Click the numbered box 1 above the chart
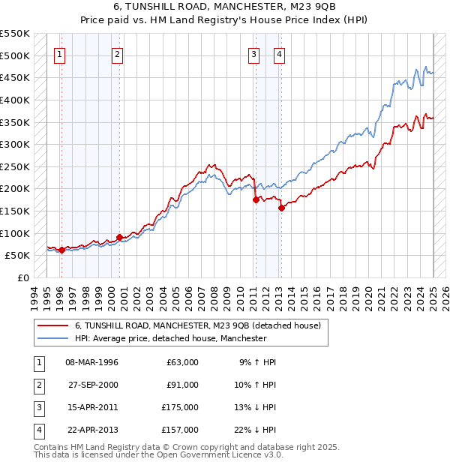coord(59,54)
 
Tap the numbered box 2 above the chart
coord(118,54)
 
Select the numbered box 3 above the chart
coord(254,54)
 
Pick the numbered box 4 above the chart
coord(279,54)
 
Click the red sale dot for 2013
coord(281,208)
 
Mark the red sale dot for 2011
coord(256,199)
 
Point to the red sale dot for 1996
coord(61,250)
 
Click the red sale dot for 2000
coord(119,237)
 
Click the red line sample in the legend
coord(52,325)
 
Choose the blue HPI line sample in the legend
coord(52,338)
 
